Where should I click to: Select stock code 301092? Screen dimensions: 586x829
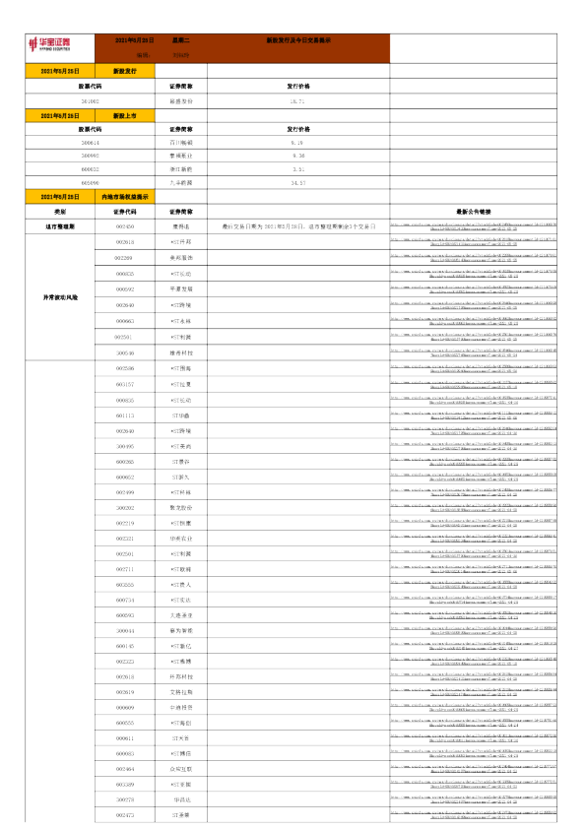tap(91, 101)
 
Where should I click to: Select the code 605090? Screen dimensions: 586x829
tap(91, 183)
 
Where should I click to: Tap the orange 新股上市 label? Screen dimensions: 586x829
tap(125, 115)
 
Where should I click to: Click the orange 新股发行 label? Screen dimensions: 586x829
tap(125, 72)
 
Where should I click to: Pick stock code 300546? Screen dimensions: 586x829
tap(125, 351)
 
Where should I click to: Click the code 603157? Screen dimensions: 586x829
tap(125, 384)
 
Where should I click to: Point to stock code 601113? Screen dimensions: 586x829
tap(125, 415)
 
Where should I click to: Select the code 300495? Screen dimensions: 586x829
tap(125, 446)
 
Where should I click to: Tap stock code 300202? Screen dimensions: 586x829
tap(125, 508)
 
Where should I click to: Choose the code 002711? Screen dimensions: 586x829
tap(125, 569)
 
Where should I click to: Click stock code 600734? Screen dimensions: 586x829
tap(125, 600)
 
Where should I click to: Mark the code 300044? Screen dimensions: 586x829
tap(125, 631)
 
